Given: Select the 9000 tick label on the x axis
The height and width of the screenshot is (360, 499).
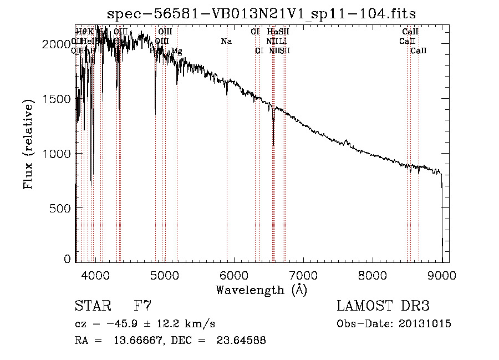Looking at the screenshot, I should click(442, 275).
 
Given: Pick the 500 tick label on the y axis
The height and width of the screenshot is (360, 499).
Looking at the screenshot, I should click(62, 208).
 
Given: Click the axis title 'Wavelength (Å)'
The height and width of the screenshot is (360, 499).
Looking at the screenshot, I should click(261, 290).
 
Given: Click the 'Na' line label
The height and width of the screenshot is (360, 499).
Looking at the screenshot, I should click(226, 42).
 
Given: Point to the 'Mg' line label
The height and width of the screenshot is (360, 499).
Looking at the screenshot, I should click(176, 52).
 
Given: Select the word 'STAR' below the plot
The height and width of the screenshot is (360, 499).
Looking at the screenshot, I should click(91, 306).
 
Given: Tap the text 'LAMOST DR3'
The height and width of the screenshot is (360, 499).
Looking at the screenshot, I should click(383, 306).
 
